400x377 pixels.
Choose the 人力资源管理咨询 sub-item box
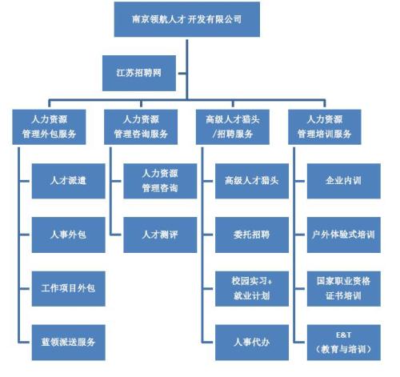point(160,180)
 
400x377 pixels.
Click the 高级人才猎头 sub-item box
point(251,180)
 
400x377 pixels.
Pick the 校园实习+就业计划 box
point(251,287)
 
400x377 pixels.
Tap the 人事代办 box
point(251,342)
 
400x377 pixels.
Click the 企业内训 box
point(345,180)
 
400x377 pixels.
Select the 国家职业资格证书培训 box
point(345,287)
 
